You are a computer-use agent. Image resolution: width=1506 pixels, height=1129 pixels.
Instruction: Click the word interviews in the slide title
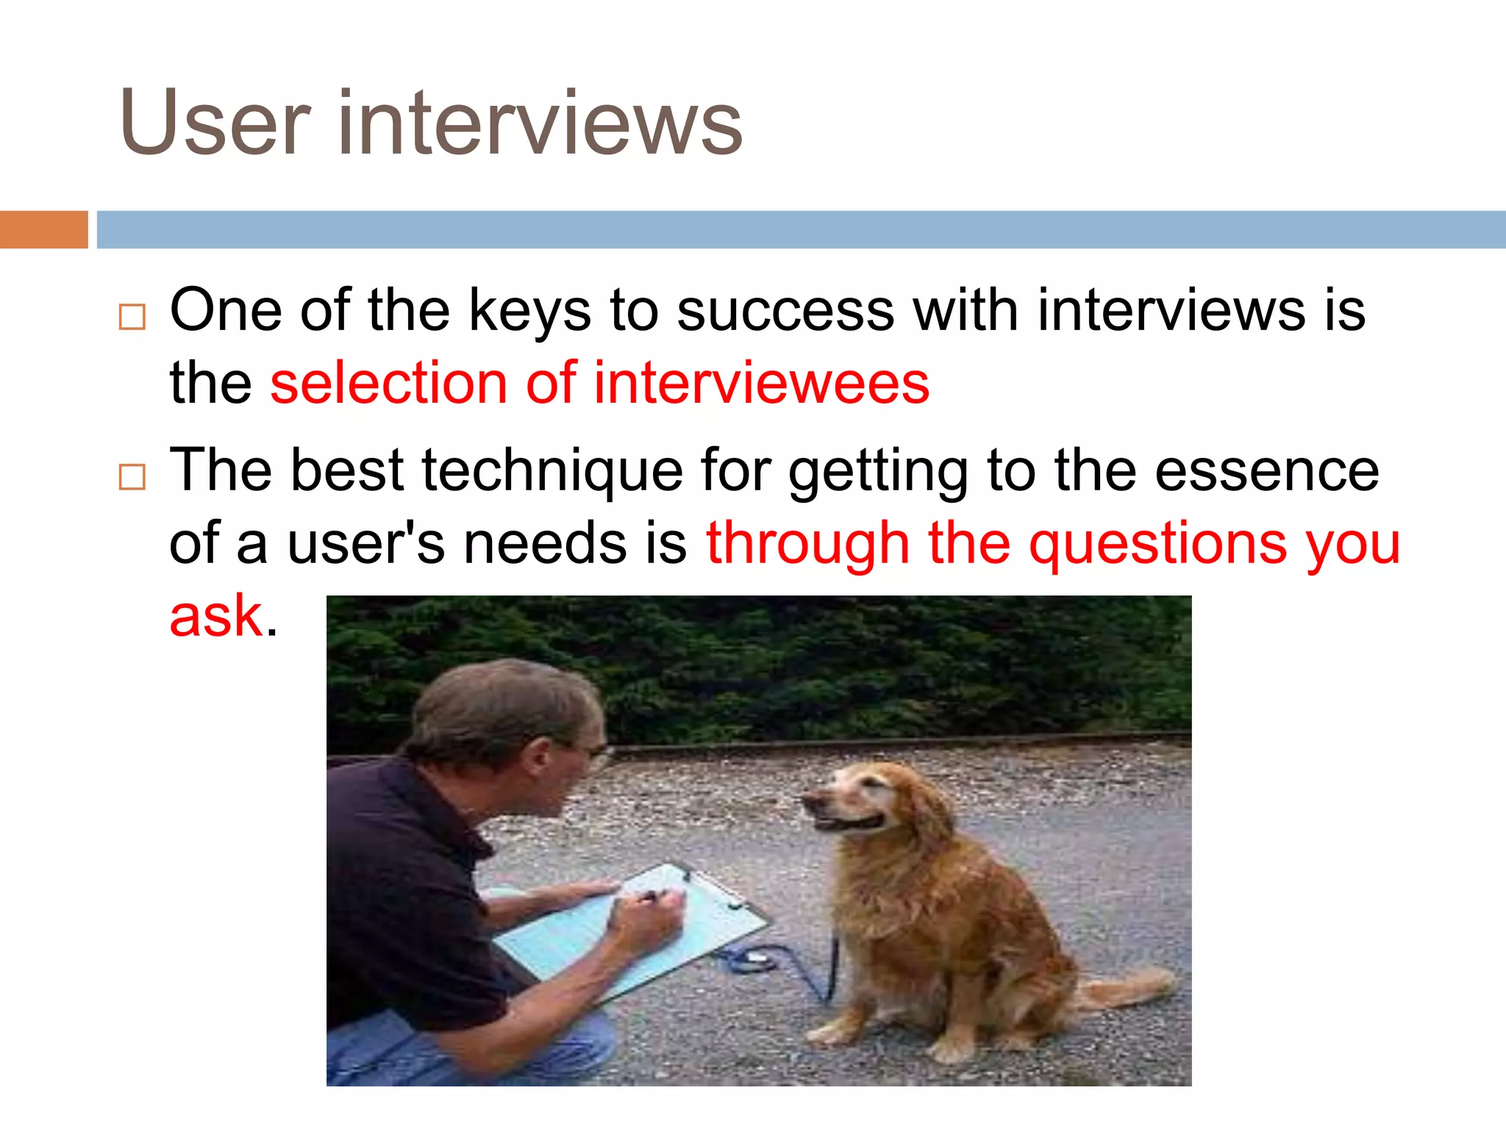540,123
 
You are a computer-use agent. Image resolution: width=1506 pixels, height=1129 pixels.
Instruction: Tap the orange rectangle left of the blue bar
43,229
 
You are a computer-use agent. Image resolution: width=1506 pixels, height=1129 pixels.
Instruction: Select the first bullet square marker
132,317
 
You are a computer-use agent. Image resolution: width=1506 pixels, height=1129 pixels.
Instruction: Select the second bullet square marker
132,477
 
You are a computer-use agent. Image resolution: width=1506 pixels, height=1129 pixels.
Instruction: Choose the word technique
552,471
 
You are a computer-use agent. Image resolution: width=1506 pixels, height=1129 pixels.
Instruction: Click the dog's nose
807,799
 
